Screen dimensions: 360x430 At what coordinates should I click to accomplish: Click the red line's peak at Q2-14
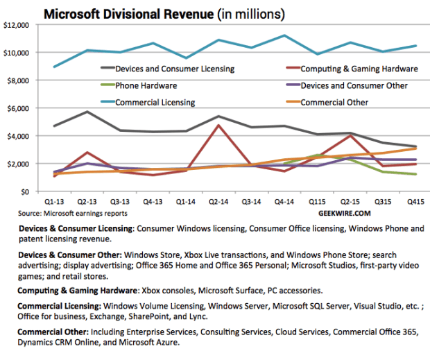coord(218,126)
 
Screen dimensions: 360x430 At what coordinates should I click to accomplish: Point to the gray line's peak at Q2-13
coord(87,112)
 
